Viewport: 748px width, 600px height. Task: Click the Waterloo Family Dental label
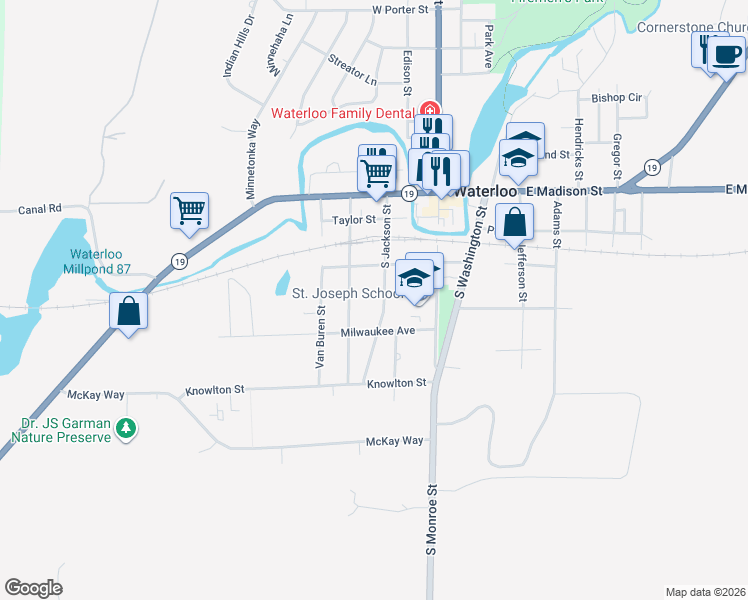click(x=345, y=111)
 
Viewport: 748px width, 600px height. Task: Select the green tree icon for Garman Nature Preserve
click(x=125, y=428)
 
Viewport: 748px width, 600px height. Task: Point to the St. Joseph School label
click(x=342, y=293)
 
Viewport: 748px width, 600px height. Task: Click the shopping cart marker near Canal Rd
click(x=189, y=211)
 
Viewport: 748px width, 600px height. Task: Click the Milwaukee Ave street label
click(x=377, y=331)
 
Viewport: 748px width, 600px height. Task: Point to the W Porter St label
click(x=399, y=10)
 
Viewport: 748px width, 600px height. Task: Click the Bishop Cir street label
click(x=617, y=98)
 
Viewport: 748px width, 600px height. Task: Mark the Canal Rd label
click(x=40, y=209)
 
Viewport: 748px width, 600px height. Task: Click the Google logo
click(x=33, y=587)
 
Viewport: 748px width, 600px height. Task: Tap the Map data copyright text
click(x=706, y=591)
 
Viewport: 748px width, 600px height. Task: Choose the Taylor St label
click(x=353, y=219)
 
